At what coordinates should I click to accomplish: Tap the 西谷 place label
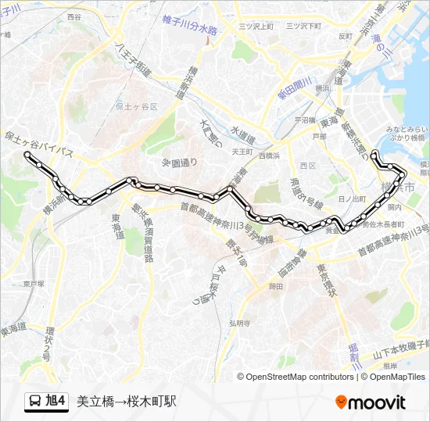pos(74,16)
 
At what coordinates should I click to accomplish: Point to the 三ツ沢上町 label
pos(256,26)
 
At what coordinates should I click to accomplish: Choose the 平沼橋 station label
pos(305,120)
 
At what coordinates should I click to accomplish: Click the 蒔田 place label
pos(275,287)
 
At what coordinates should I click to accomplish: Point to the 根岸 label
pos(391,365)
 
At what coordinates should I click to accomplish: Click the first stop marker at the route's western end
pos(29,156)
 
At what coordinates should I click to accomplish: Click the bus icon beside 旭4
pos(35,402)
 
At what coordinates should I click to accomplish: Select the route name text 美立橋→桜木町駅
pos(127,402)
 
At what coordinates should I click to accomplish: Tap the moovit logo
pos(371,402)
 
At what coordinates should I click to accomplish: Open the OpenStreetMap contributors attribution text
pos(299,377)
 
